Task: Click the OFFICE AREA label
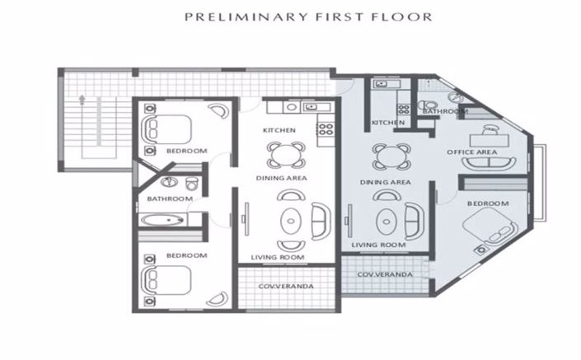[471, 152]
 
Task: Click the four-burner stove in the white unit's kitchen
[325, 129]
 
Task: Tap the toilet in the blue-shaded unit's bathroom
[426, 105]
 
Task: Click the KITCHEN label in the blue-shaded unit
[387, 123]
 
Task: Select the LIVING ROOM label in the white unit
[280, 258]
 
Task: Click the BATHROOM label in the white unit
[170, 199]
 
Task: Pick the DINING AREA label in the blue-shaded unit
[386, 181]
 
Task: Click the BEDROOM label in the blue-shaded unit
[488, 203]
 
